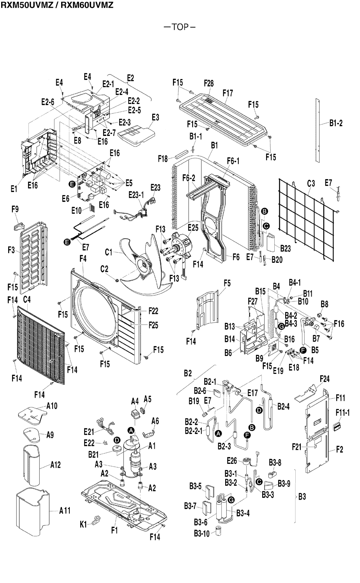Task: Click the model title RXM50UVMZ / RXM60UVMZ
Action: (x=57, y=5)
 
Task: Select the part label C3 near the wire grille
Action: (x=311, y=182)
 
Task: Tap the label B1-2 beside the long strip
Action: (x=335, y=123)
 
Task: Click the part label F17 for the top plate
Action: (x=228, y=93)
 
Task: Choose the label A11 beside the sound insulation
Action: (x=65, y=511)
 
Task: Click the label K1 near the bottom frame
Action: (x=83, y=525)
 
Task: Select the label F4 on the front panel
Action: (x=83, y=258)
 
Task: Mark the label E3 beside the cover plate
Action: (x=155, y=117)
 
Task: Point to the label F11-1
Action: (x=343, y=412)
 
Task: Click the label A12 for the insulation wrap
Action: (x=56, y=465)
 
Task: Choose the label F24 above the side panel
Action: (x=325, y=379)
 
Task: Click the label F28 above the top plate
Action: (x=209, y=83)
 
